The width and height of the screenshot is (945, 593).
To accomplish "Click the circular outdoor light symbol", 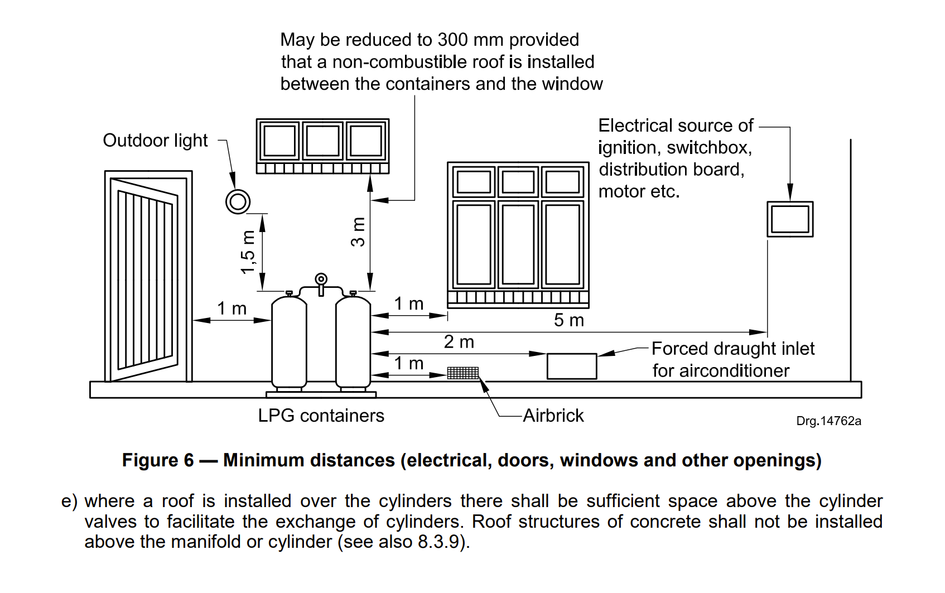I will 238,201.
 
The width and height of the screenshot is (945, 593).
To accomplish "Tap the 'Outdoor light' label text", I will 155,141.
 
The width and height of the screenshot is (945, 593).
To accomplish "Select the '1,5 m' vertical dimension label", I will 248,252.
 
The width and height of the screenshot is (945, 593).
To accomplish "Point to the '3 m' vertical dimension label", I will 358,232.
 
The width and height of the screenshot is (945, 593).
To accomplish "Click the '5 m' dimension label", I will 568,320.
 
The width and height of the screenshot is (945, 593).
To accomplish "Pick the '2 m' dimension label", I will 459,342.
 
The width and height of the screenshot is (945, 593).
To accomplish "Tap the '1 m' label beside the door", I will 232,308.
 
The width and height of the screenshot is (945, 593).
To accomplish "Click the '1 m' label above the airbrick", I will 408,364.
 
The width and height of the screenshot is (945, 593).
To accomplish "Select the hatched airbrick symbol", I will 462,373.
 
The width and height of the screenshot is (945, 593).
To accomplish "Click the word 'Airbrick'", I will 553,416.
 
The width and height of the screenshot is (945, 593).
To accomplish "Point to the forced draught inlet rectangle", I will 571,366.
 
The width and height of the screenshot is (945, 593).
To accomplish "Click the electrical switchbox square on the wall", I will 789,219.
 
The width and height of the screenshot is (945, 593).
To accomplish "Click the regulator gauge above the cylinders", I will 321,279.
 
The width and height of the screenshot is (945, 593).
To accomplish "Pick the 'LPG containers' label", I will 321,416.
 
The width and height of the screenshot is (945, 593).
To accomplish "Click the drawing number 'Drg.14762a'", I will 828,421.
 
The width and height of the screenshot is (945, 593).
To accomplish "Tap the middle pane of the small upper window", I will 322,140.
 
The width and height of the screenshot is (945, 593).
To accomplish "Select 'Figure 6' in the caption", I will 158,460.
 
